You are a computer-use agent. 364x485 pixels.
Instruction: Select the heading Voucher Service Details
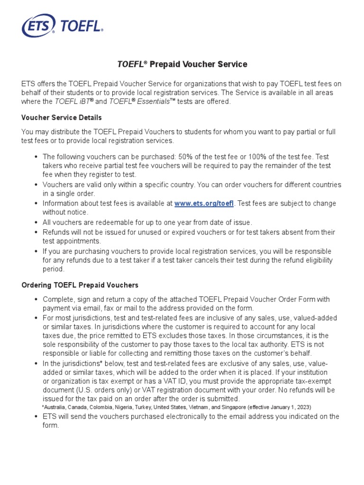(62, 117)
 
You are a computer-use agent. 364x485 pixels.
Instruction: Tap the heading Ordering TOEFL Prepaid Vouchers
(80, 285)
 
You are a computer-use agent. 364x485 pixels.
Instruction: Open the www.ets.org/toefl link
(204, 203)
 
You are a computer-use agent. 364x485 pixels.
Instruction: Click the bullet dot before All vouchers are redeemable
(36, 222)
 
